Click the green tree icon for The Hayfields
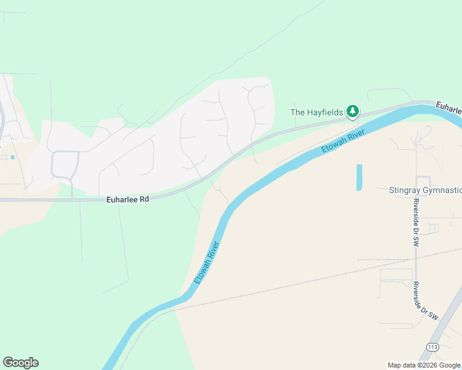pos(353,112)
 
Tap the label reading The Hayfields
pos(317,112)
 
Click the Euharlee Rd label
pos(128,200)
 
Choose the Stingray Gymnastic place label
pos(425,191)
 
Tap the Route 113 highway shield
pos(432,347)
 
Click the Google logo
pos(20,363)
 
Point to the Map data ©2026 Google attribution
pos(423,365)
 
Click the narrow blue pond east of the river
pos(359,177)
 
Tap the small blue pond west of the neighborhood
pos(12,157)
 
